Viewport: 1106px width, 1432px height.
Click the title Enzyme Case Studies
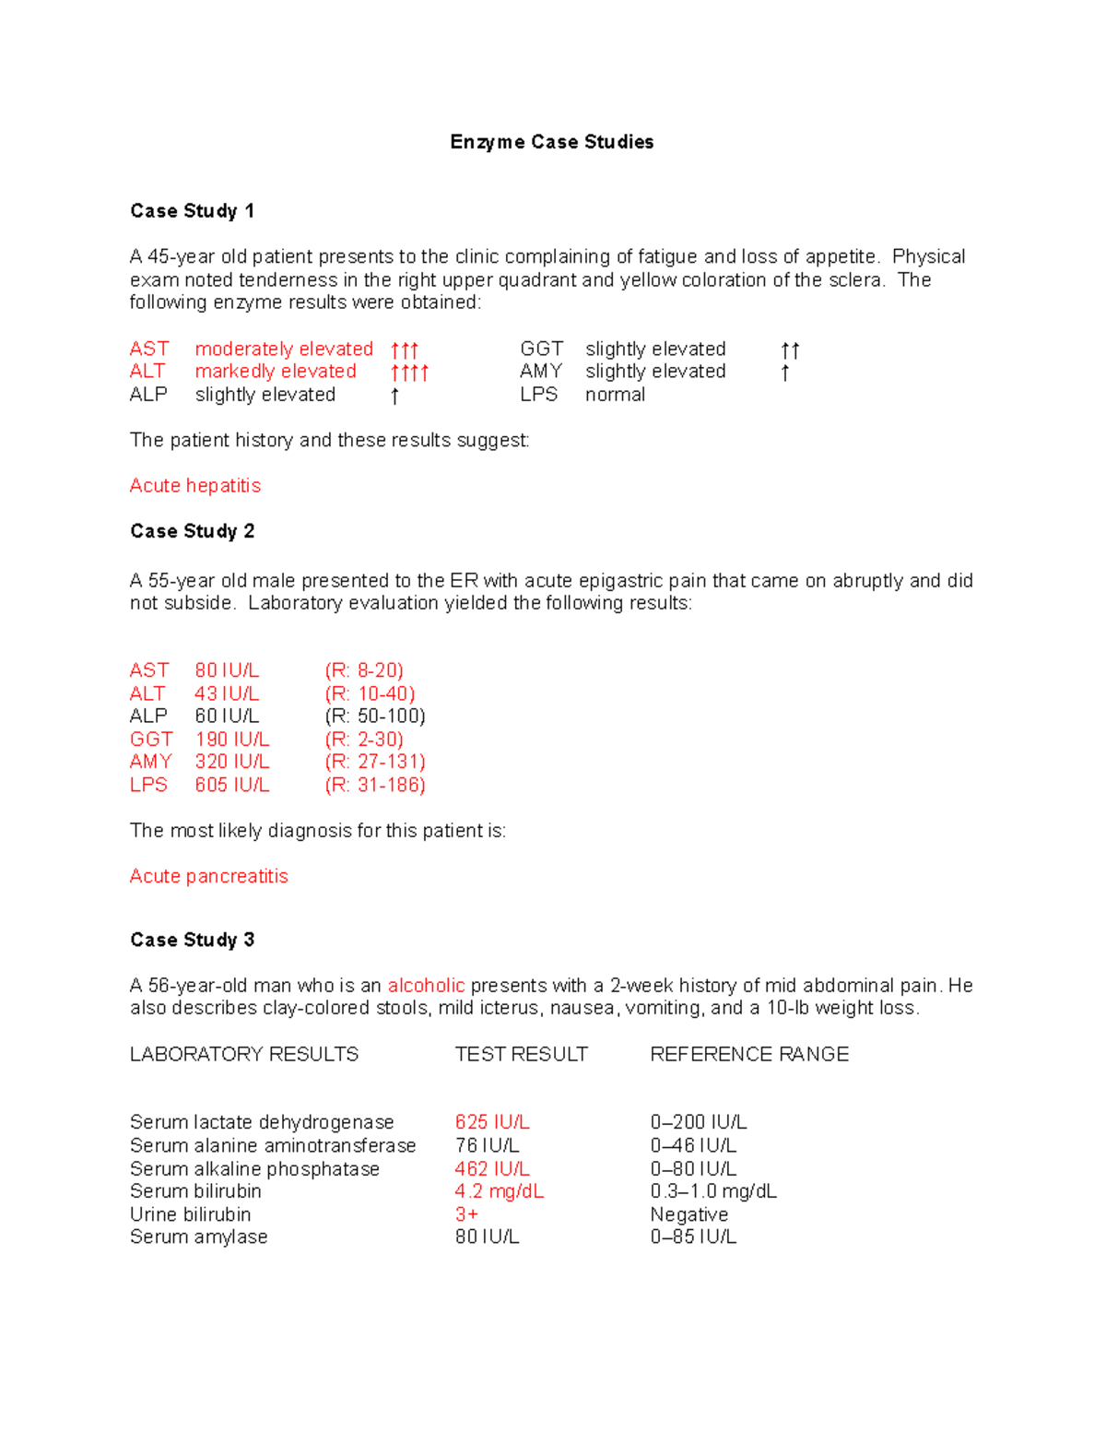(551, 142)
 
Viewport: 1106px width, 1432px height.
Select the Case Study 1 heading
(192, 211)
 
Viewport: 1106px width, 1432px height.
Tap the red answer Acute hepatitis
(194, 486)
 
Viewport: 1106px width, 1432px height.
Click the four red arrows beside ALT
(409, 373)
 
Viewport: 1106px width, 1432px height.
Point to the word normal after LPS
(615, 395)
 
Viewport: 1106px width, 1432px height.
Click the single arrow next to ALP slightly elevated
(394, 396)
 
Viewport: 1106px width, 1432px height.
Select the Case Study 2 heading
(192, 531)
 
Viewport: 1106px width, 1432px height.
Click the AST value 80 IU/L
(227, 670)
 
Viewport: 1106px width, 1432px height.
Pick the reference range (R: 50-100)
(374, 716)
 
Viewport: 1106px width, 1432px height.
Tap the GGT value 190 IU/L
(231, 740)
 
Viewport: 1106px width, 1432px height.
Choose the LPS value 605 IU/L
(231, 785)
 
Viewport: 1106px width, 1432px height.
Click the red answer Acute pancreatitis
(208, 876)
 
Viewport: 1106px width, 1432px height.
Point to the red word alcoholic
(426, 986)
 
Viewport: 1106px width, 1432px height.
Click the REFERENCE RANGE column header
(748, 1054)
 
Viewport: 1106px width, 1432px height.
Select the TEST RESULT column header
(521, 1054)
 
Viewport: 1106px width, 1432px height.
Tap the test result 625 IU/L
(491, 1122)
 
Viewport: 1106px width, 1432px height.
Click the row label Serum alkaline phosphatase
(254, 1168)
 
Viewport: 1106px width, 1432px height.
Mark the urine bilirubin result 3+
(466, 1214)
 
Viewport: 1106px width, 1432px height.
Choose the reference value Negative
(688, 1214)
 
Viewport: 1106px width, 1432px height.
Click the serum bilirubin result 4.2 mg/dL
(499, 1191)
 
